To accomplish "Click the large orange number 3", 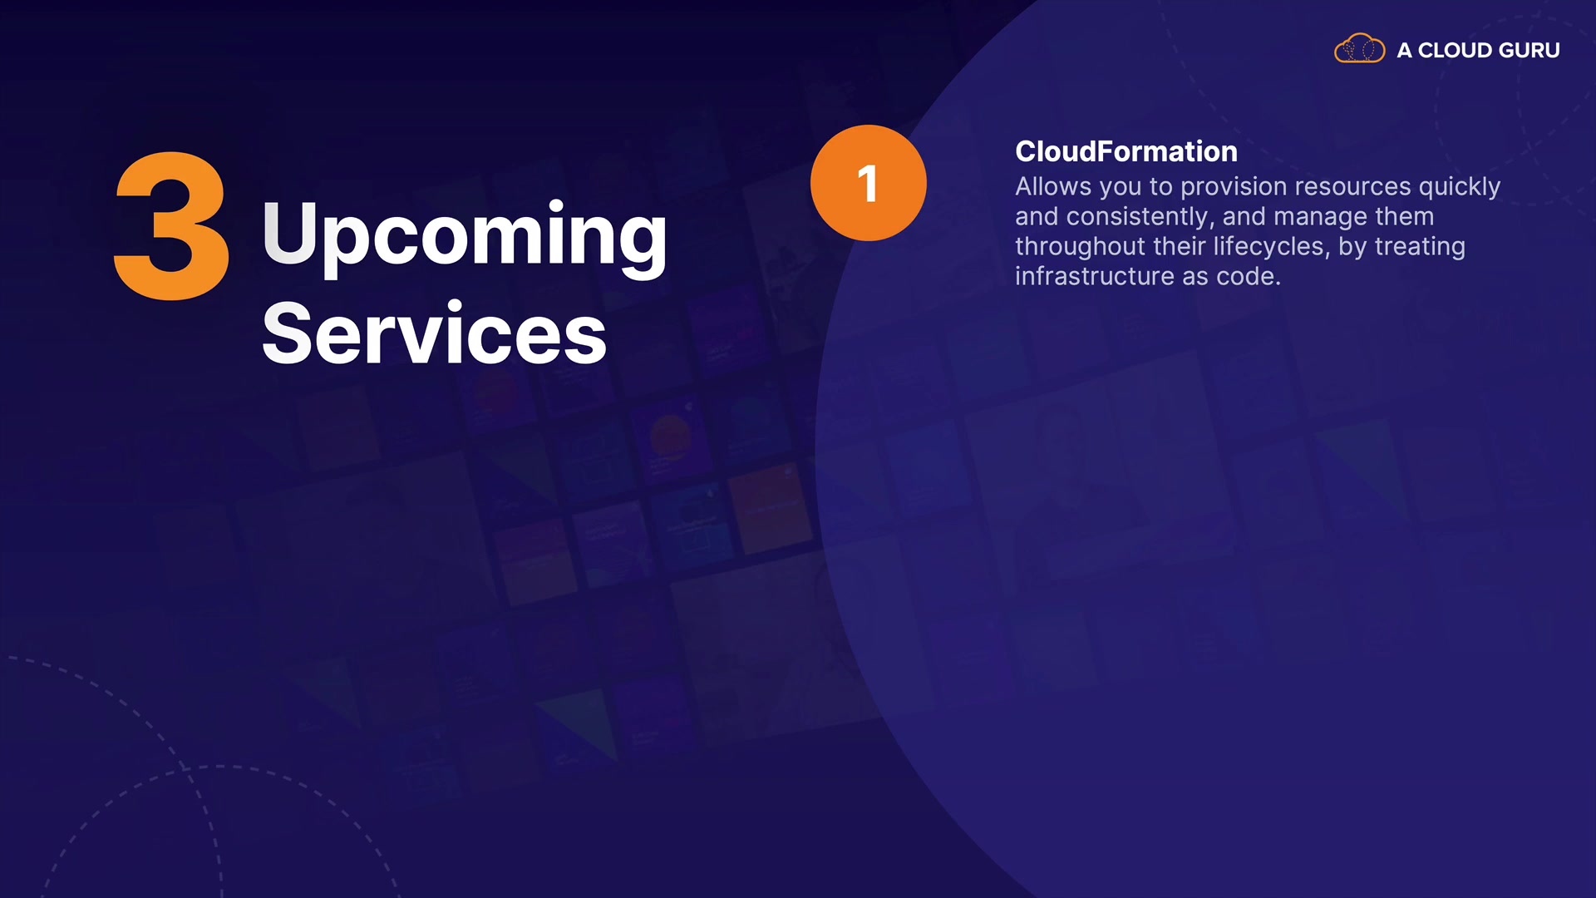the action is point(171,226).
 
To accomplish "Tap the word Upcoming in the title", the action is point(465,236).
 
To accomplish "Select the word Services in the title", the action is point(434,334).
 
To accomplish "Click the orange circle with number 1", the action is point(868,183).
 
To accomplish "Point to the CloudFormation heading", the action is point(1126,151).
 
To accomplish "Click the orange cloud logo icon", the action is point(1359,48).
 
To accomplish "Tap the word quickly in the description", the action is point(1460,188).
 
